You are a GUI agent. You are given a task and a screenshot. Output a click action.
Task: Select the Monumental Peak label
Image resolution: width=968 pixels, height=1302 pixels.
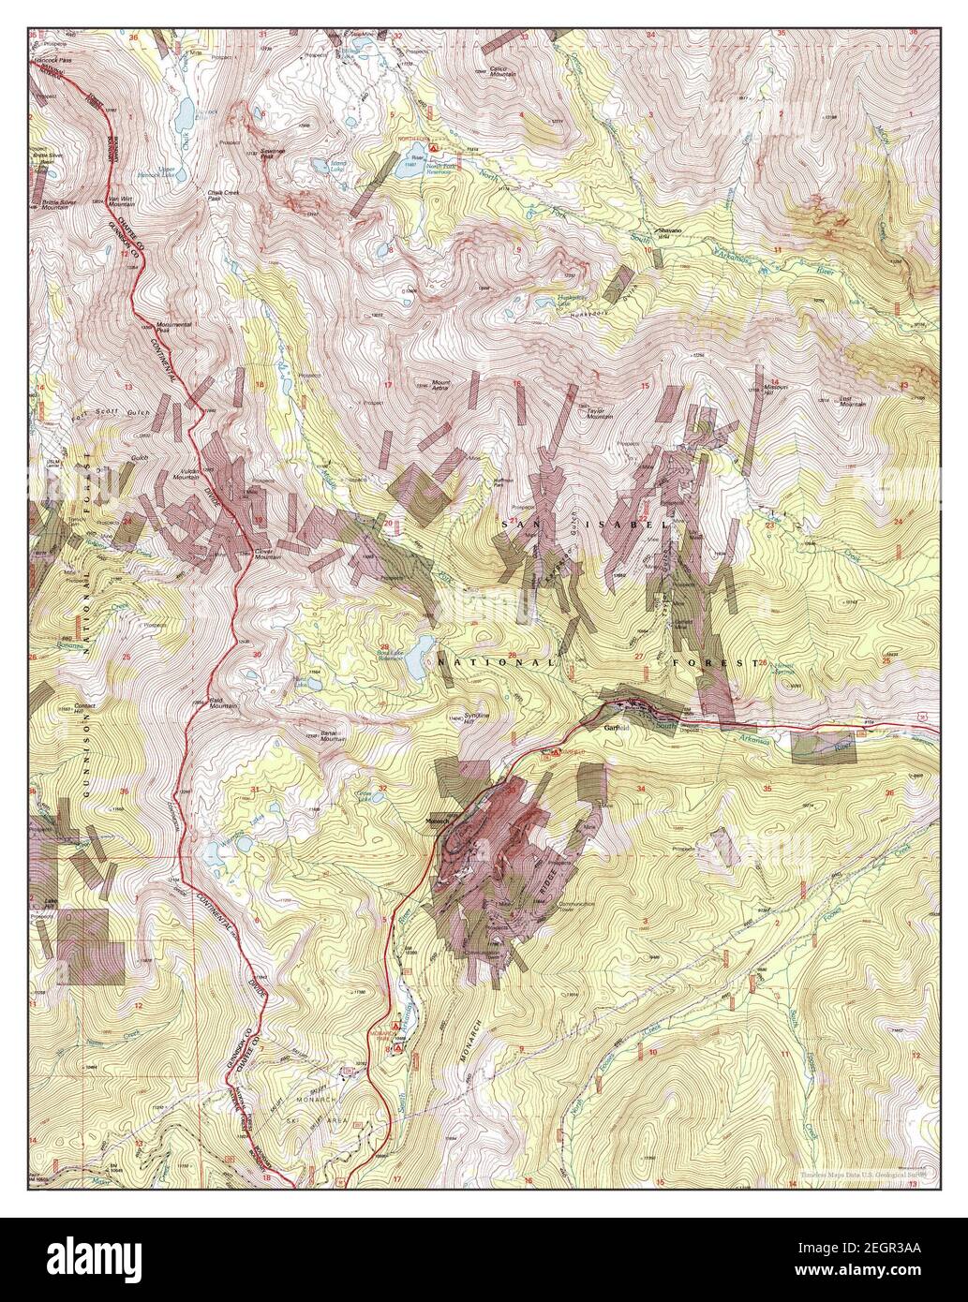tap(174, 326)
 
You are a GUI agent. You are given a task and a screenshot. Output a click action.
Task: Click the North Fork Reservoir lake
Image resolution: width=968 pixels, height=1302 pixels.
tap(411, 171)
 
